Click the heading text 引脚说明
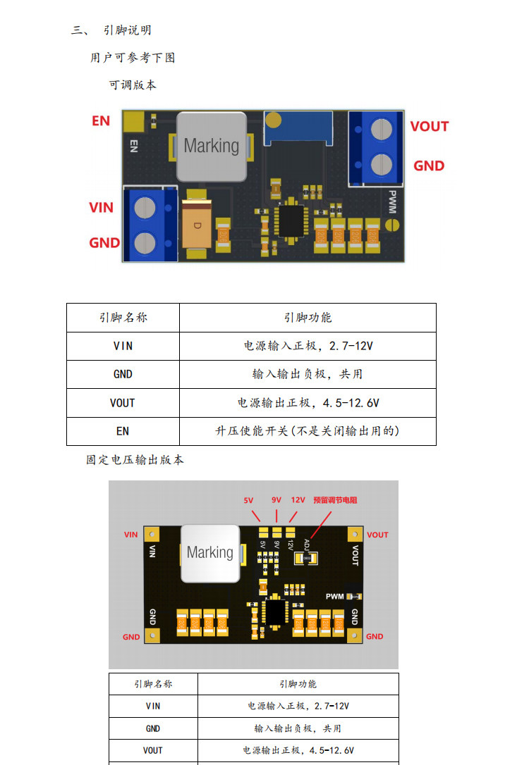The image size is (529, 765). tap(127, 30)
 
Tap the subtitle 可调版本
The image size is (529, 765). tap(133, 85)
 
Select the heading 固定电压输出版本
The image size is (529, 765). tap(135, 460)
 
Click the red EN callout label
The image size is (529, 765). tap(101, 120)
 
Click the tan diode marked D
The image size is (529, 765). tap(197, 225)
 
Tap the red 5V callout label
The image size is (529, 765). tap(248, 500)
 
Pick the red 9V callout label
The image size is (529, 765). tap(276, 500)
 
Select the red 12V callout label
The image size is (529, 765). tap(298, 500)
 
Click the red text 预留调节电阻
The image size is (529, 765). tap(335, 500)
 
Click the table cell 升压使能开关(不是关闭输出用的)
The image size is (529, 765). tap(308, 431)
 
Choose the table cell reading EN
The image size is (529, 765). tap(123, 431)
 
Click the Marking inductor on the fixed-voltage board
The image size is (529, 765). tap(209, 553)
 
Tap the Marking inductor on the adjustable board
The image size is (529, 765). tap(211, 146)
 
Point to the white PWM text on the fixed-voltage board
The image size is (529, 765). tap(334, 597)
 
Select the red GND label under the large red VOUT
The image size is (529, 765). tap(429, 166)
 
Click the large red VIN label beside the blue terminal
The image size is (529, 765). tap(101, 208)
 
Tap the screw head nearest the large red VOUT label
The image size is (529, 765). tap(382, 128)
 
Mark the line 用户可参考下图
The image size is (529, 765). tap(133, 58)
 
